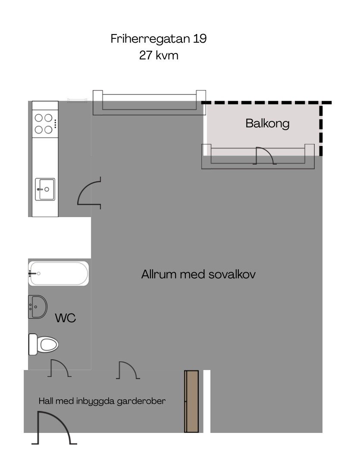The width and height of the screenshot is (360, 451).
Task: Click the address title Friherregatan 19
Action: click(x=159, y=39)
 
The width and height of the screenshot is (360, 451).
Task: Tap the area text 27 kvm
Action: click(x=159, y=55)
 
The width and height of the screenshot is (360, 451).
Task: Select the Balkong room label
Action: click(x=267, y=124)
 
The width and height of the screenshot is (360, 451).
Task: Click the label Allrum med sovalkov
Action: click(x=198, y=274)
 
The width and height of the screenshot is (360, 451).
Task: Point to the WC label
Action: click(x=66, y=318)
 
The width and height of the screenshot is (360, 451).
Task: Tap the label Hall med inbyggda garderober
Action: click(x=102, y=401)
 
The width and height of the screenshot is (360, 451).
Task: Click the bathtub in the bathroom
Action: click(x=58, y=273)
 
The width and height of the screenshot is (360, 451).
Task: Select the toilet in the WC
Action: click(x=44, y=344)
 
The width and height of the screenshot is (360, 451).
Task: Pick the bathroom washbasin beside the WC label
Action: click(x=38, y=307)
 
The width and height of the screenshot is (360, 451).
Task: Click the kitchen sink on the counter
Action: click(x=45, y=189)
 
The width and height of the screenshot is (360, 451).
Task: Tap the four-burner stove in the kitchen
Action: click(x=45, y=124)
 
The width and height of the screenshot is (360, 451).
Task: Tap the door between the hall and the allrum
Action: click(x=128, y=370)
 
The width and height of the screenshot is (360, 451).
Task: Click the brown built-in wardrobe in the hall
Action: click(x=191, y=401)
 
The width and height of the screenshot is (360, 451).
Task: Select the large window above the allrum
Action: click(x=149, y=103)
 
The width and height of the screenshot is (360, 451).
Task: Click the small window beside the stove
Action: click(x=77, y=100)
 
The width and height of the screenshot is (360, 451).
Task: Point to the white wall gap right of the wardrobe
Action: click(x=207, y=401)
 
